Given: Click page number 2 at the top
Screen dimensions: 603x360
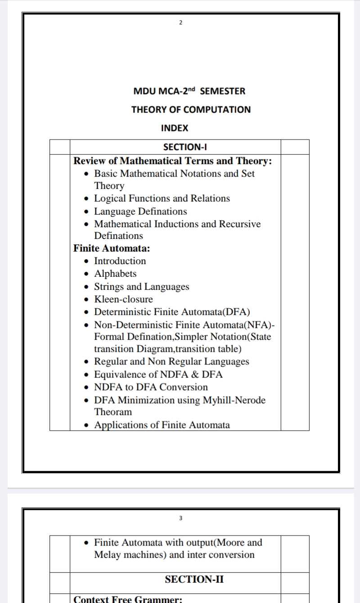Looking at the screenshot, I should pyautogui.click(x=180, y=22).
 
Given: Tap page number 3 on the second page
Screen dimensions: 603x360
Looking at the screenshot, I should pyautogui.click(x=180, y=518).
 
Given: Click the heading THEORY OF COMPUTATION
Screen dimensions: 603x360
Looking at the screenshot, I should pyautogui.click(x=191, y=109).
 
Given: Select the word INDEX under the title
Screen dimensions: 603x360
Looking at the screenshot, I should pyautogui.click(x=175, y=128).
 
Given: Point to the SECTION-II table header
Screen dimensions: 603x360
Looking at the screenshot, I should pyautogui.click(x=194, y=579).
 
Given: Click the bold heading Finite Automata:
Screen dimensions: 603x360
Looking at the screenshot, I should pyautogui.click(x=112, y=248).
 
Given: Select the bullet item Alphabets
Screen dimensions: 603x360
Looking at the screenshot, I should pyautogui.click(x=115, y=274).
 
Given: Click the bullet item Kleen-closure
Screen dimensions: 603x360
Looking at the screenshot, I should pyautogui.click(x=123, y=299).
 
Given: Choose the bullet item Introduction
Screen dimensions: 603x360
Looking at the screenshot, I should pyautogui.click(x=120, y=261).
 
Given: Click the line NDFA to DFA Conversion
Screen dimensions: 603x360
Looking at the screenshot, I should pyautogui.click(x=151, y=387).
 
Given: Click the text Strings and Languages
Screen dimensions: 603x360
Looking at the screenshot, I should pyautogui.click(x=141, y=287).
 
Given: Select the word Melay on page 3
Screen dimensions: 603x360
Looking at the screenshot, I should pyautogui.click(x=107, y=555).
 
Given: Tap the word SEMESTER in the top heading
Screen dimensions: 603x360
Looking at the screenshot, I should pyautogui.click(x=222, y=91).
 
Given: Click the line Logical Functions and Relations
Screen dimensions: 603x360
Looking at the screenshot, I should pyautogui.click(x=162, y=198).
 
